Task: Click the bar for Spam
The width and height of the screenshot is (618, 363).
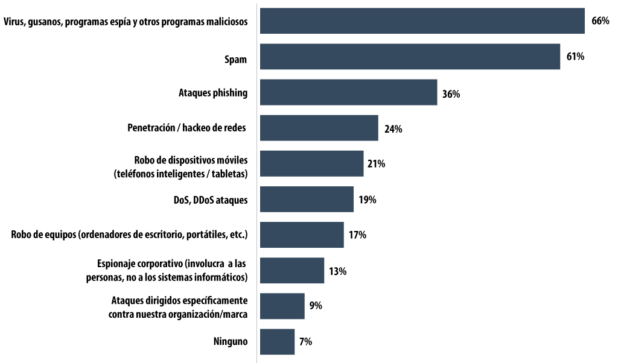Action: click(410, 57)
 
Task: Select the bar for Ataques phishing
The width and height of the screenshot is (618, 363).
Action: click(348, 92)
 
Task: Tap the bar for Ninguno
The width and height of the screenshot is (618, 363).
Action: click(277, 341)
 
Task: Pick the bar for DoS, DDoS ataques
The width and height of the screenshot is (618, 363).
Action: click(307, 199)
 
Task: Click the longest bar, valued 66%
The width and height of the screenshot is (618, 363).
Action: click(422, 21)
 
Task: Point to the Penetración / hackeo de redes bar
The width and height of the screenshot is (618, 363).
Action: click(319, 128)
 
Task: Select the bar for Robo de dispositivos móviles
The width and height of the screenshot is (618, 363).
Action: click(311, 163)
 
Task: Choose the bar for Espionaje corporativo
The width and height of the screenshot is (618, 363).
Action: click(292, 270)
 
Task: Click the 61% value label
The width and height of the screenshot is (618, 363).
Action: click(575, 57)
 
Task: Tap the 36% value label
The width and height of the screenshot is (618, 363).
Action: click(451, 93)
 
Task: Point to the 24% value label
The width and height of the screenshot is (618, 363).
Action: click(393, 128)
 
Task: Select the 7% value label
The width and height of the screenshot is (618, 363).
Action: click(305, 342)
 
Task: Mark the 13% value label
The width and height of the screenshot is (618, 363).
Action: click(337, 271)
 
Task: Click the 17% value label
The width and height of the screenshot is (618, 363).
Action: click(357, 235)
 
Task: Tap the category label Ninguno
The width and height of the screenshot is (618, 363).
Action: click(231, 341)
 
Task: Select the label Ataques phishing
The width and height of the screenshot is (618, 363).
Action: click(213, 93)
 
